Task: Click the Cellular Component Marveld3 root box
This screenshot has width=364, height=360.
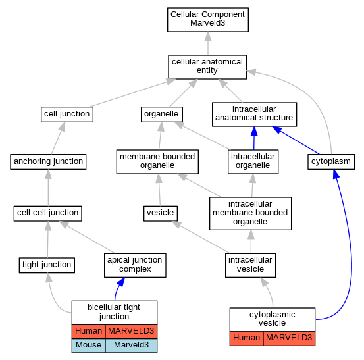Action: (208, 20)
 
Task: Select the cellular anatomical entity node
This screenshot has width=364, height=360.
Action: (207, 67)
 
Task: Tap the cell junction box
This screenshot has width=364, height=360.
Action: (67, 115)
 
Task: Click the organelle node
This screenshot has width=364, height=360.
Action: (161, 115)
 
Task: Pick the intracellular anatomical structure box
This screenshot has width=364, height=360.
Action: (254, 115)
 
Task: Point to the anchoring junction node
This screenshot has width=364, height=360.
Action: (48, 161)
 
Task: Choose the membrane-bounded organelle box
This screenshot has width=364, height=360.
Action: (157, 161)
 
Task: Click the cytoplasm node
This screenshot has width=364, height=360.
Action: (331, 161)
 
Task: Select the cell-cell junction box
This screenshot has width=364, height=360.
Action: (47, 213)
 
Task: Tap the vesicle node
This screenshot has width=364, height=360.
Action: (161, 213)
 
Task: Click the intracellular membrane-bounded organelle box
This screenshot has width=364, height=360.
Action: (250, 213)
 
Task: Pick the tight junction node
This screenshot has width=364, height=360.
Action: (47, 265)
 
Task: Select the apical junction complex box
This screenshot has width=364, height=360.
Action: (135, 265)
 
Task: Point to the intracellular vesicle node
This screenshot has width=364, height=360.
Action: (250, 265)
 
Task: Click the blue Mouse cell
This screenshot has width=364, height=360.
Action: (88, 346)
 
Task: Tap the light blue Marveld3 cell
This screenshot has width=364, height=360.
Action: (131, 346)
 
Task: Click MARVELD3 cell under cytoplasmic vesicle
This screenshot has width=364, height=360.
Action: (289, 338)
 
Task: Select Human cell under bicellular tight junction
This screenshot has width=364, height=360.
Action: (88, 331)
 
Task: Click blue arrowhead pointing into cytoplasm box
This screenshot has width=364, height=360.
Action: (336, 174)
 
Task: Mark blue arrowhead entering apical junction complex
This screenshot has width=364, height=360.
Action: (121, 282)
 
